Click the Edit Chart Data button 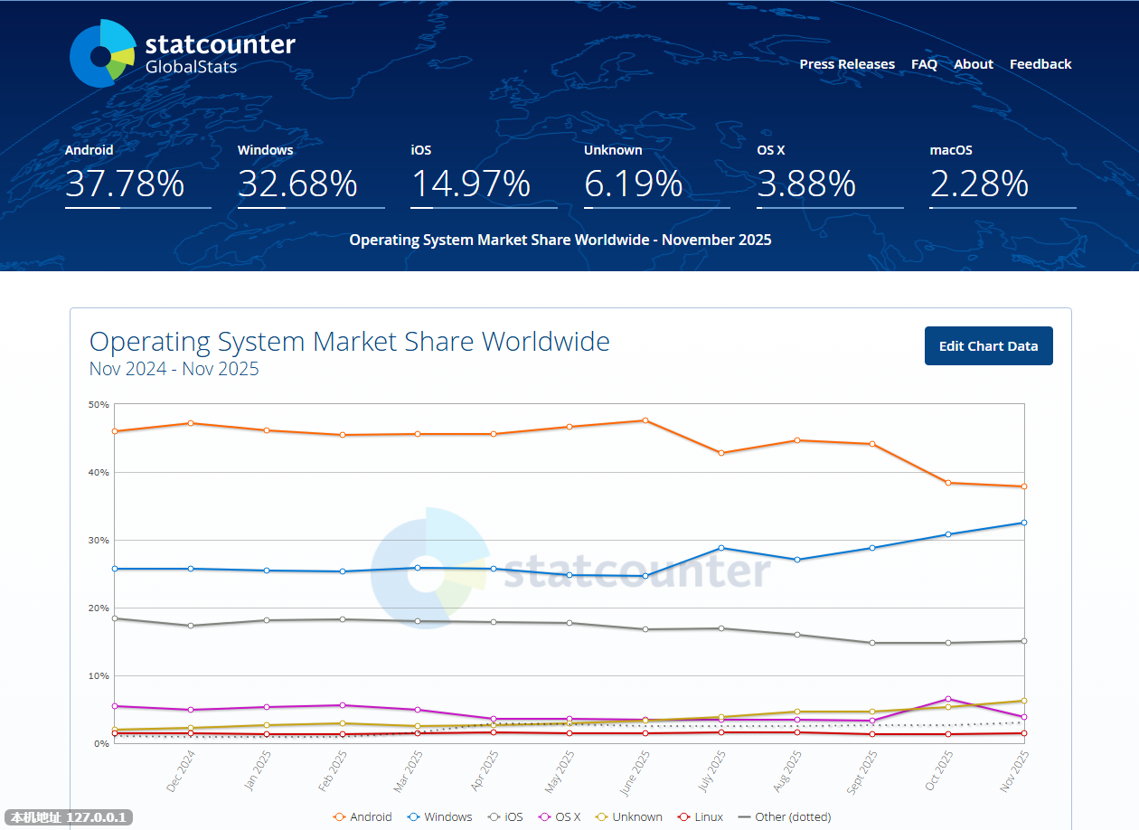[988, 346]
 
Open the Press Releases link [847, 64]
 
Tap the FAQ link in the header [924, 64]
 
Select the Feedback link [1040, 64]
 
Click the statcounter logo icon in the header [102, 54]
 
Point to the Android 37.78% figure [125, 184]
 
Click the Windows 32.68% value [297, 184]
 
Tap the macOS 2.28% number [979, 184]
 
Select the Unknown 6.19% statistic [633, 184]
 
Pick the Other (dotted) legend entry [785, 816]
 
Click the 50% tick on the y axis [99, 404]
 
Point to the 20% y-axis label [99, 608]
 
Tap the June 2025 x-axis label [636, 772]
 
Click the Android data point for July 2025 [721, 453]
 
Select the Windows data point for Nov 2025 [1024, 523]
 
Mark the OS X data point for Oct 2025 [948, 699]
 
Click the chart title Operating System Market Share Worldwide [350, 342]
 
